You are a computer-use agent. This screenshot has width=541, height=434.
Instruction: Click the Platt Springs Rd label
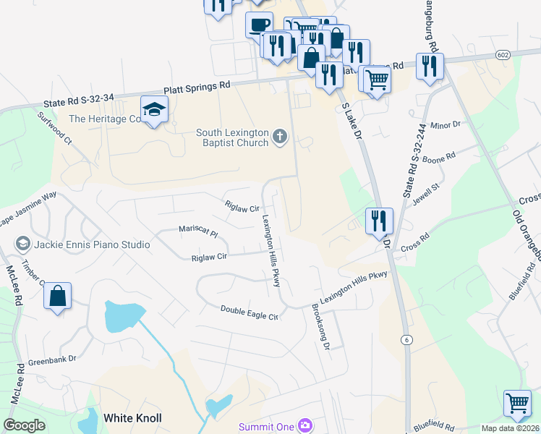click(197, 85)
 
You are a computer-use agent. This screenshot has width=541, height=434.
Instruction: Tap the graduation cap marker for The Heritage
click(154, 110)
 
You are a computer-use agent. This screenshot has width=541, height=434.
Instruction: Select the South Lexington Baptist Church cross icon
click(280, 136)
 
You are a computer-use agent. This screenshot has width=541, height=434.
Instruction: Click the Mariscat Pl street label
click(198, 232)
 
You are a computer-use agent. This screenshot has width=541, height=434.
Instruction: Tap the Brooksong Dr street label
click(320, 328)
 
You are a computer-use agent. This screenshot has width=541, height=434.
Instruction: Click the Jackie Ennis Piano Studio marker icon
click(22, 244)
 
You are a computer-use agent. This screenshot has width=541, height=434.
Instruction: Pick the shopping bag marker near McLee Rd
click(57, 297)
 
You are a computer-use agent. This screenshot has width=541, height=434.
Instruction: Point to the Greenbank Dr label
click(51, 359)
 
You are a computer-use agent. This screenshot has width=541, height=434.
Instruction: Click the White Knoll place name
click(132, 418)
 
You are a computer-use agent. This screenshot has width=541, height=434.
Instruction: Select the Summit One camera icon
click(305, 426)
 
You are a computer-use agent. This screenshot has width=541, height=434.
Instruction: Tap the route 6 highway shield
click(407, 339)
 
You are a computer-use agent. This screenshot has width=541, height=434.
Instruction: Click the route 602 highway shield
click(504, 55)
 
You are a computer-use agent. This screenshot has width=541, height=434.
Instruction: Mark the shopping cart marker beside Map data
click(517, 404)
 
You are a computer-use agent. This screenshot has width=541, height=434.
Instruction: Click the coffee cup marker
click(259, 25)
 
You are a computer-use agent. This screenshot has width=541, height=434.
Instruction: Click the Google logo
click(24, 425)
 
